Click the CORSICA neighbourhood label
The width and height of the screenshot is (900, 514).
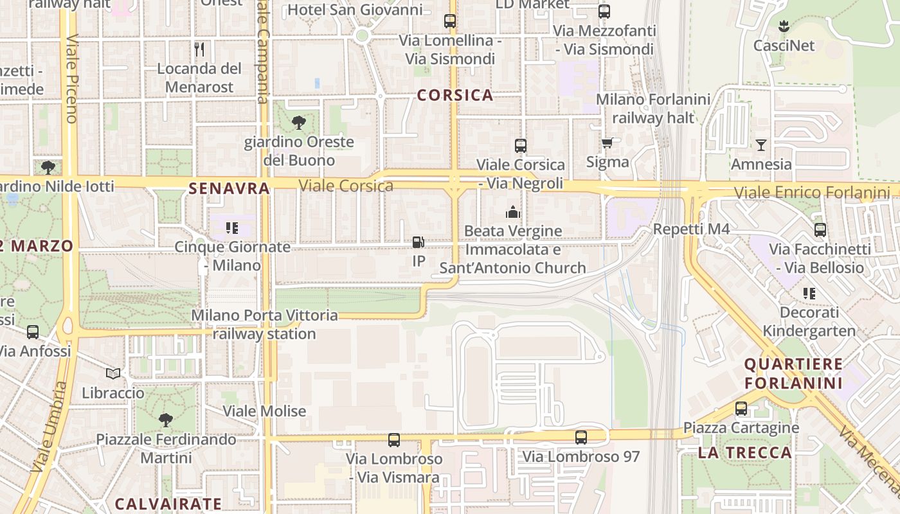(455, 96)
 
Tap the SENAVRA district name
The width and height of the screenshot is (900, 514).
(229, 188)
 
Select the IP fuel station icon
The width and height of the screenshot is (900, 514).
(419, 242)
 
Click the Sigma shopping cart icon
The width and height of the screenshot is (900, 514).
(607, 143)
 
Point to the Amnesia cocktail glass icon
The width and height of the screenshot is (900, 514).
(761, 145)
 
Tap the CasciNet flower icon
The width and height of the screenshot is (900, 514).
(783, 26)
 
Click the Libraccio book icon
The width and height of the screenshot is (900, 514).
(113, 373)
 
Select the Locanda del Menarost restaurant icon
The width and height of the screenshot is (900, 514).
(199, 49)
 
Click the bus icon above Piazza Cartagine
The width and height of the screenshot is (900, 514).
(741, 408)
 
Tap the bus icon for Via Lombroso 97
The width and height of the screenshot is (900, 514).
(581, 438)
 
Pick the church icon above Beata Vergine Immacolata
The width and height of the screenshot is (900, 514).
(512, 211)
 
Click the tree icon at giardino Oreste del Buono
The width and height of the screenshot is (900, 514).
(298, 122)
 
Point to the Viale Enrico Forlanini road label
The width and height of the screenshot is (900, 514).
(812, 192)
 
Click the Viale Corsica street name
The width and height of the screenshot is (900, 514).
(346, 186)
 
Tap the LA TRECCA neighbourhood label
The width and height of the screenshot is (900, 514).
(744, 452)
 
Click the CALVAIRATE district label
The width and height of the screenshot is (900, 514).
(168, 504)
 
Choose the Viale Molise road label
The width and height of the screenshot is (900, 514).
(264, 411)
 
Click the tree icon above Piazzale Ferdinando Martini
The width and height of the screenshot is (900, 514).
(166, 420)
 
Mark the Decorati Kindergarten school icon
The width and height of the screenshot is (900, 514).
(809, 294)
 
